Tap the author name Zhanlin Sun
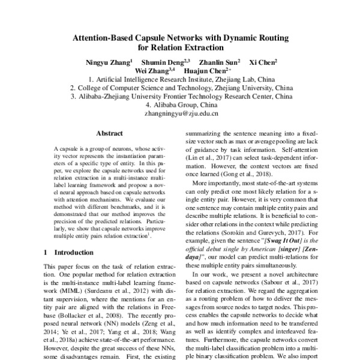pos(219,62)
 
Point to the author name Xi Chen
pos(263,62)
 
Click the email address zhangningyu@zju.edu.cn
pos(181,113)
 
